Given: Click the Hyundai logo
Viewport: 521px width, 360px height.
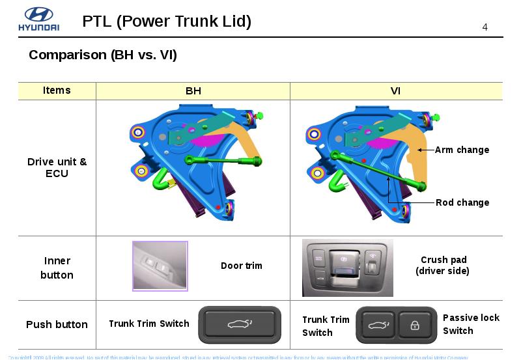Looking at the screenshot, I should pyautogui.click(x=38, y=20).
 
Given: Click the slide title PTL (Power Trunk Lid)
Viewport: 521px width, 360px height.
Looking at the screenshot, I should pyautogui.click(x=167, y=21).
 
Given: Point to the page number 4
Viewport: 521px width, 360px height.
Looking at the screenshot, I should pyautogui.click(x=485, y=27).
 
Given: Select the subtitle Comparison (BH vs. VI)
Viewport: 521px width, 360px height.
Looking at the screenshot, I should pyautogui.click(x=103, y=55).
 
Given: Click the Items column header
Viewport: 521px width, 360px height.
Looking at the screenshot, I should pyautogui.click(x=57, y=90).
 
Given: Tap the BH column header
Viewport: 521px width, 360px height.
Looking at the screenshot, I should pyautogui.click(x=193, y=91).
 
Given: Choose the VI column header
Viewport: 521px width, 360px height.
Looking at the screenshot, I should pyautogui.click(x=395, y=91).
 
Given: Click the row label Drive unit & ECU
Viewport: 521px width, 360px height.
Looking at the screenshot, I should pyautogui.click(x=57, y=168).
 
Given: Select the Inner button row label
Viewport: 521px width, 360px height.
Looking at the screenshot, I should pyautogui.click(x=57, y=268).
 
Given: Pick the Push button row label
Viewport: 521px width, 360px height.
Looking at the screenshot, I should pyautogui.click(x=57, y=324).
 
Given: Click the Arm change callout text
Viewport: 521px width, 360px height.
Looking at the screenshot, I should pyautogui.click(x=462, y=150).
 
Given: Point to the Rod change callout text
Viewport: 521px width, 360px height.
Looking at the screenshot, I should pyautogui.click(x=462, y=202).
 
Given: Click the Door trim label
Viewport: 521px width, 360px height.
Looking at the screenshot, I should pyautogui.click(x=242, y=266).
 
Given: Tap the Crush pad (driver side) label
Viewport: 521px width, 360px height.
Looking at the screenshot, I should pyautogui.click(x=443, y=265).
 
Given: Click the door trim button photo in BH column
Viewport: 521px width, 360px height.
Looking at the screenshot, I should pyautogui.click(x=160, y=266).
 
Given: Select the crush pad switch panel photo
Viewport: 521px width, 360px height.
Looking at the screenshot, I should pyautogui.click(x=348, y=268).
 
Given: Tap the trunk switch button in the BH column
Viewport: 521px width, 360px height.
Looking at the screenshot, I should pyautogui.click(x=240, y=324).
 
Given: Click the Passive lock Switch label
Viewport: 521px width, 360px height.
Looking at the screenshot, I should pyautogui.click(x=471, y=324).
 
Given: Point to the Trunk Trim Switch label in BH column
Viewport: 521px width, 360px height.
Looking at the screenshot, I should pyautogui.click(x=149, y=324).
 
